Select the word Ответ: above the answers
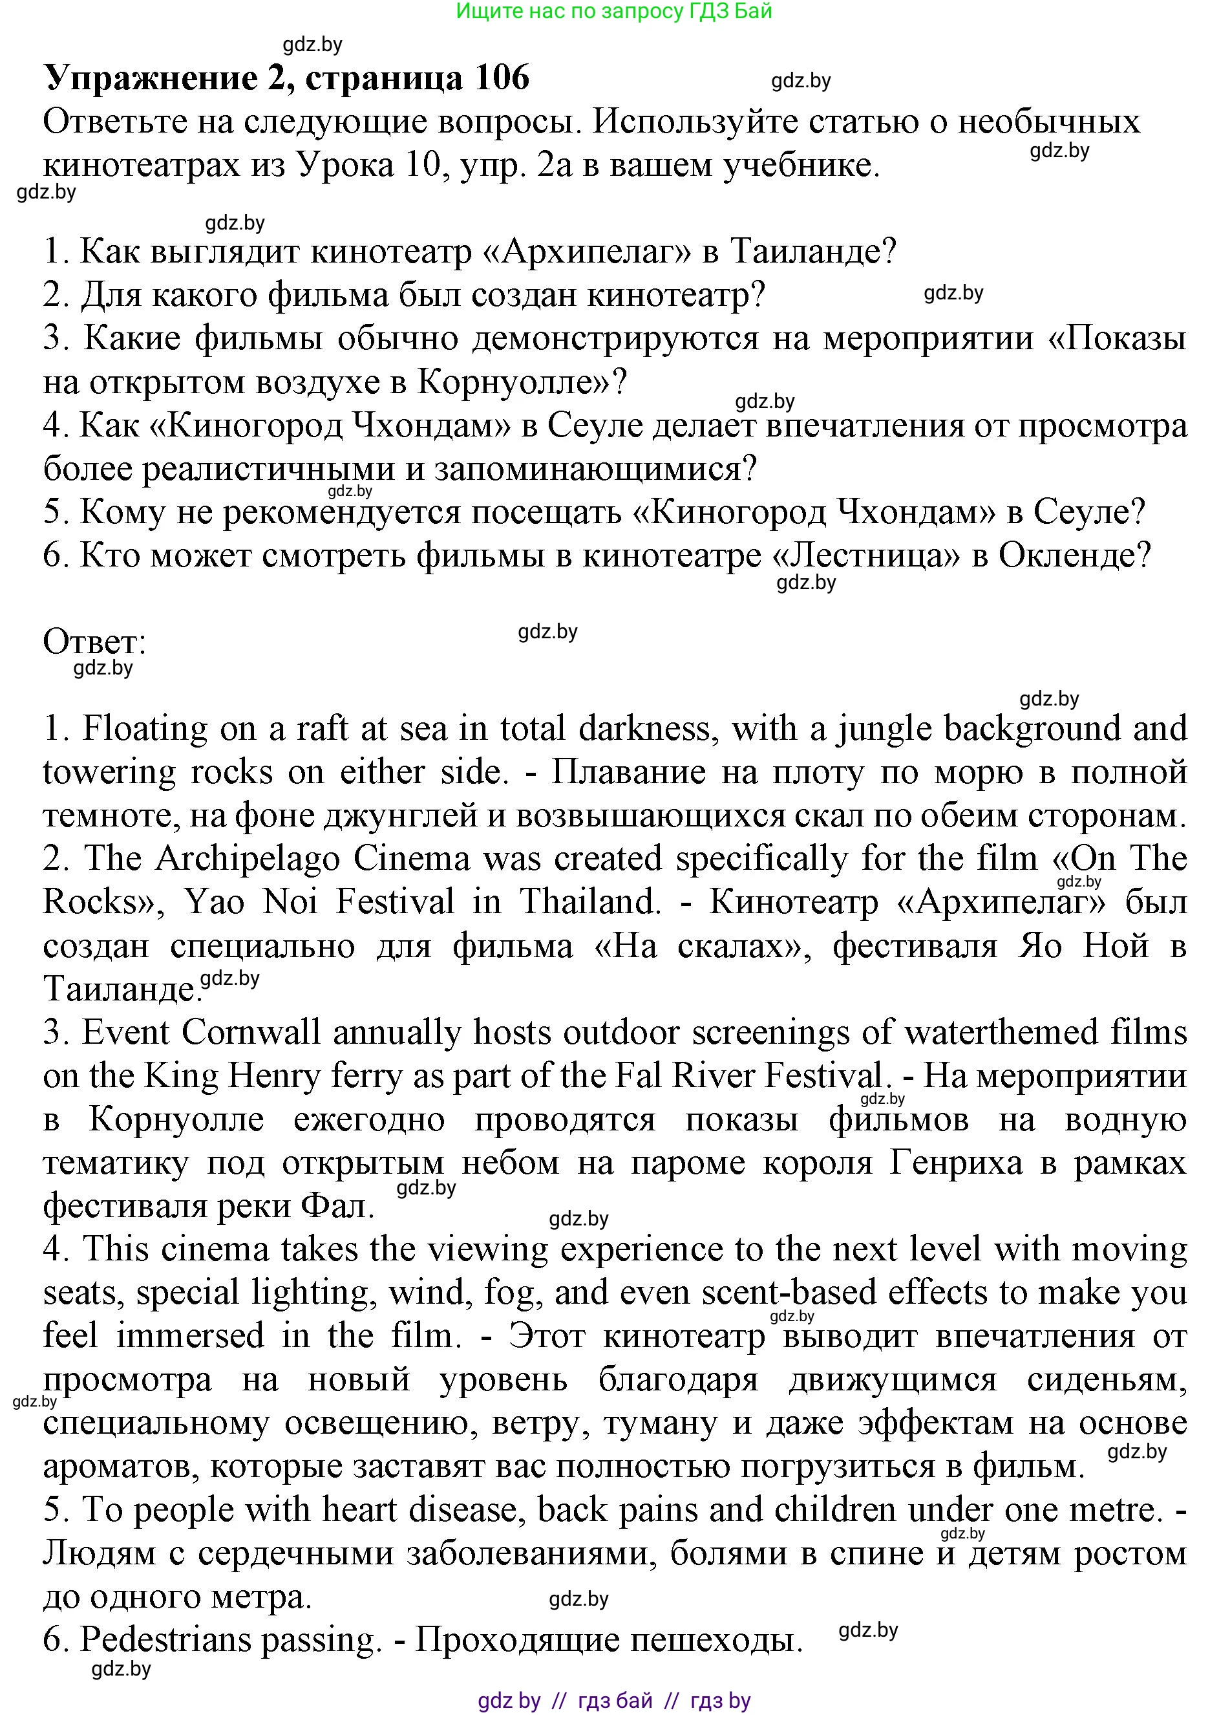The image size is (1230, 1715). click(94, 642)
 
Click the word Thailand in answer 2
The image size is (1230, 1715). click(589, 901)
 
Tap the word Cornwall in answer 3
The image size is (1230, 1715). click(251, 1032)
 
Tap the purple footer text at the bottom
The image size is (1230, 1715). click(614, 1701)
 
